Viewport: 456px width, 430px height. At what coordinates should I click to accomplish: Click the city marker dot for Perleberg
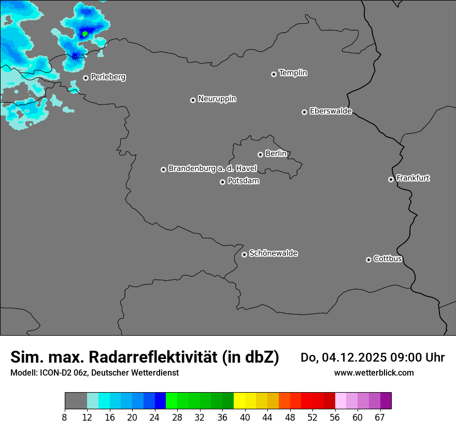pyautogui.click(x=85, y=78)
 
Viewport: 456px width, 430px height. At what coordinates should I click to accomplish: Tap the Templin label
pyautogui.click(x=293, y=73)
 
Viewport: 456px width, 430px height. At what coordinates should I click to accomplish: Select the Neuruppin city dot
pyautogui.click(x=193, y=100)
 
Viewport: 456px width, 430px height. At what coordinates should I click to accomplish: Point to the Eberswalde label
pyautogui.click(x=331, y=111)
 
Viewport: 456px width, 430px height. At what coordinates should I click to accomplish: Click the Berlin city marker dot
pyautogui.click(x=260, y=154)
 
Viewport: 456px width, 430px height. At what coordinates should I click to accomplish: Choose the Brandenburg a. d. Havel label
pyautogui.click(x=212, y=168)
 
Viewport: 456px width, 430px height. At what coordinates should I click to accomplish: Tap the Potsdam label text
pyautogui.click(x=243, y=181)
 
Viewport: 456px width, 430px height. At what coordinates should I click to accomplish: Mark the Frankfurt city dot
pyautogui.click(x=391, y=179)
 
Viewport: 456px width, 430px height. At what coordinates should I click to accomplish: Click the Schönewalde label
pyautogui.click(x=273, y=253)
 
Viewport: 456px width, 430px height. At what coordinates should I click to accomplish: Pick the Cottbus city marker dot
pyautogui.click(x=368, y=260)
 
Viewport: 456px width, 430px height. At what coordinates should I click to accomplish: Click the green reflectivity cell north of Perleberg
pyautogui.click(x=85, y=34)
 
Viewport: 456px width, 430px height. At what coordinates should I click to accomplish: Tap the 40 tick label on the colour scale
pyautogui.click(x=245, y=418)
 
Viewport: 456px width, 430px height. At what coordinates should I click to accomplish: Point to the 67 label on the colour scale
pyautogui.click(x=380, y=418)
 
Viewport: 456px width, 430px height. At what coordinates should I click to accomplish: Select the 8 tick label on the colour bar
pyautogui.click(x=65, y=418)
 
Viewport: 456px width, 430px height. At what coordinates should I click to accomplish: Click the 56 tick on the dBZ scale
pyautogui.click(x=335, y=418)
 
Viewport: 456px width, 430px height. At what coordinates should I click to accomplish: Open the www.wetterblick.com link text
pyautogui.click(x=374, y=372)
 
